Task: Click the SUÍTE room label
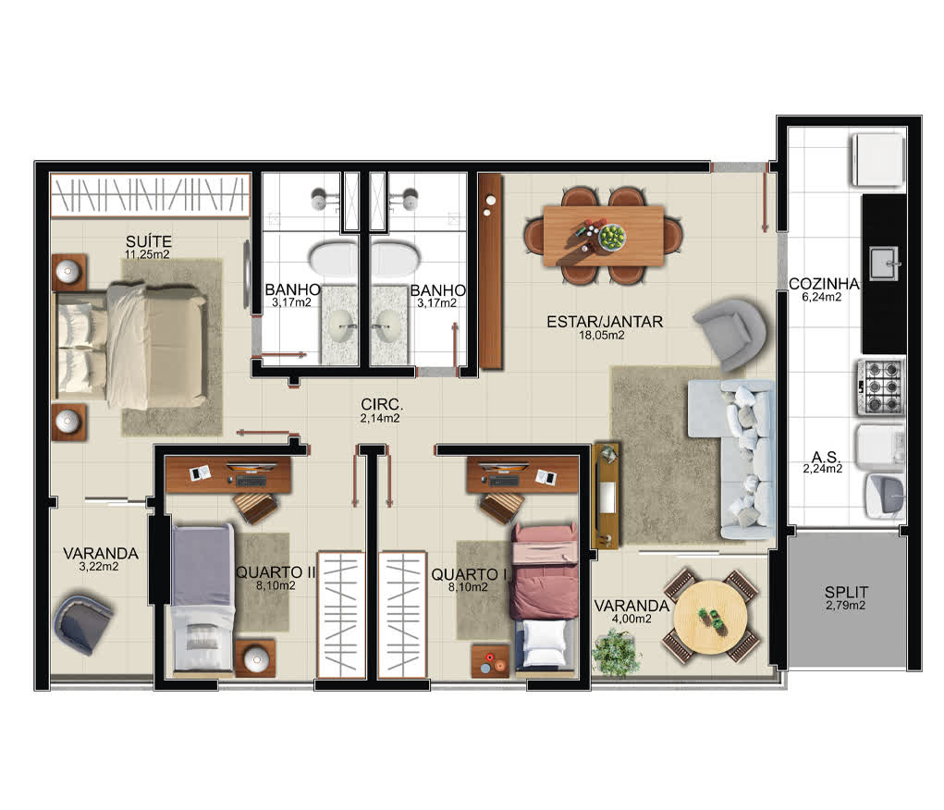(149, 241)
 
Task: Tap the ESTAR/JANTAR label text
(605, 322)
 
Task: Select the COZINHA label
(824, 283)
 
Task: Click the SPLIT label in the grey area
(847, 592)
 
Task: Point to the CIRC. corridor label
(382, 405)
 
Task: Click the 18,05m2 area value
(601, 336)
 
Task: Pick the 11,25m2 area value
(147, 254)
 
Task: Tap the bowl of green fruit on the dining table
(612, 236)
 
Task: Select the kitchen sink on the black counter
(884, 264)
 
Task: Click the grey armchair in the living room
(729, 333)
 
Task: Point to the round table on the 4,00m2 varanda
(710, 617)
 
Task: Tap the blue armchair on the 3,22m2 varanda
(82, 622)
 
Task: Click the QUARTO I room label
(469, 574)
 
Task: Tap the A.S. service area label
(826, 457)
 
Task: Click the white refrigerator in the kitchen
(878, 160)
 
